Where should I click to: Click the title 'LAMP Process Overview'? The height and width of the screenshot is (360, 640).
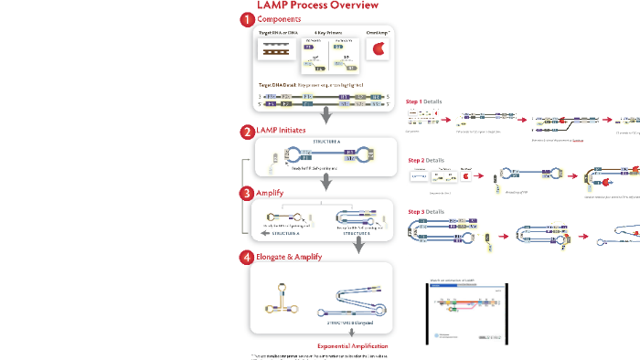pos(311,5)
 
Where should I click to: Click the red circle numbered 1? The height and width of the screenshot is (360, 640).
pos(247,20)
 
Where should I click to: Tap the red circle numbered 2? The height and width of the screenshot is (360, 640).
pos(247,132)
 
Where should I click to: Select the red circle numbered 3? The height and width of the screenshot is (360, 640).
pos(247,193)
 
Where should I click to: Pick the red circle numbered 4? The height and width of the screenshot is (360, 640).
pos(247,257)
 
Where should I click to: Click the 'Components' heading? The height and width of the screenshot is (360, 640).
pos(278,20)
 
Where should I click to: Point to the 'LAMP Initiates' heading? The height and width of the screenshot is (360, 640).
pos(284,132)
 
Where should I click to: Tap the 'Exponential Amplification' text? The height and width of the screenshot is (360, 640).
pos(353,346)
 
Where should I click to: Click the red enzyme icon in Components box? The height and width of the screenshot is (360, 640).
pos(377,52)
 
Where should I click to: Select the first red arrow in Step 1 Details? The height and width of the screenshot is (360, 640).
pos(449,120)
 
